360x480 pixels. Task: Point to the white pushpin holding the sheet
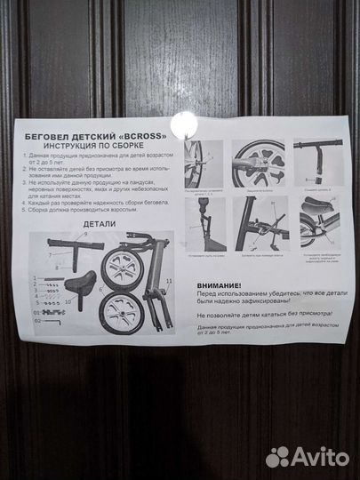point(187,123)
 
